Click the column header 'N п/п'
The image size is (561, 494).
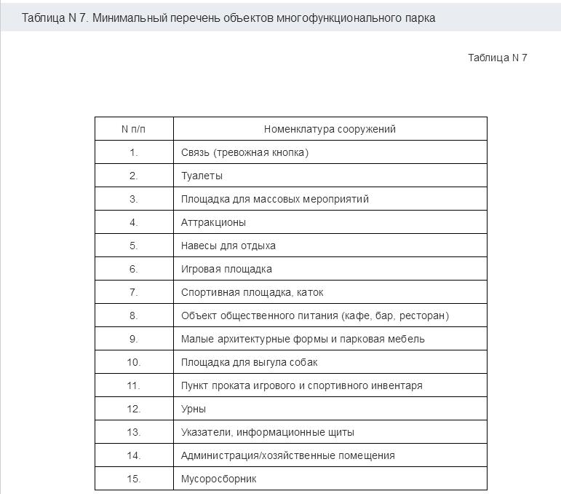133,129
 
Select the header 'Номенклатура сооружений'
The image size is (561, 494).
330,129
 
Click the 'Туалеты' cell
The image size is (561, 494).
202,176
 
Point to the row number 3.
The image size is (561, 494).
133,199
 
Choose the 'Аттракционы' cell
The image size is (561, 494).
213,222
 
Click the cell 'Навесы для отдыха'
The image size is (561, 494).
228,246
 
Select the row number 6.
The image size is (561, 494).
133,269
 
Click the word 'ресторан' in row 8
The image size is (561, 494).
422,315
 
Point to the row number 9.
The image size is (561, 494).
133,339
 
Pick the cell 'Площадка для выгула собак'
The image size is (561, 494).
249,362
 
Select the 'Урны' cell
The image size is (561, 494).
194,409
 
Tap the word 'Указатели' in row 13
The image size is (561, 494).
207,432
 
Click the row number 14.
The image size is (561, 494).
133,455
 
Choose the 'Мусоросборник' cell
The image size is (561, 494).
218,479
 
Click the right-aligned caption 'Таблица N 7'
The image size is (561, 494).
497,58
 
